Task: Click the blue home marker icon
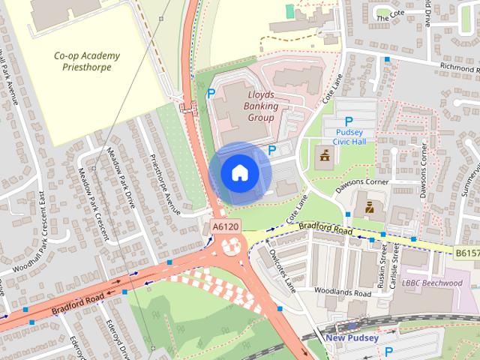[239, 172]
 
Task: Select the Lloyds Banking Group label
[262, 106]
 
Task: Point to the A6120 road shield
[224, 226]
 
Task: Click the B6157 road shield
[466, 254]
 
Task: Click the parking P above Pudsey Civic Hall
[348, 121]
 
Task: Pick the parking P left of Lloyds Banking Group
[211, 93]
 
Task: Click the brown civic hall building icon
[326, 157]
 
